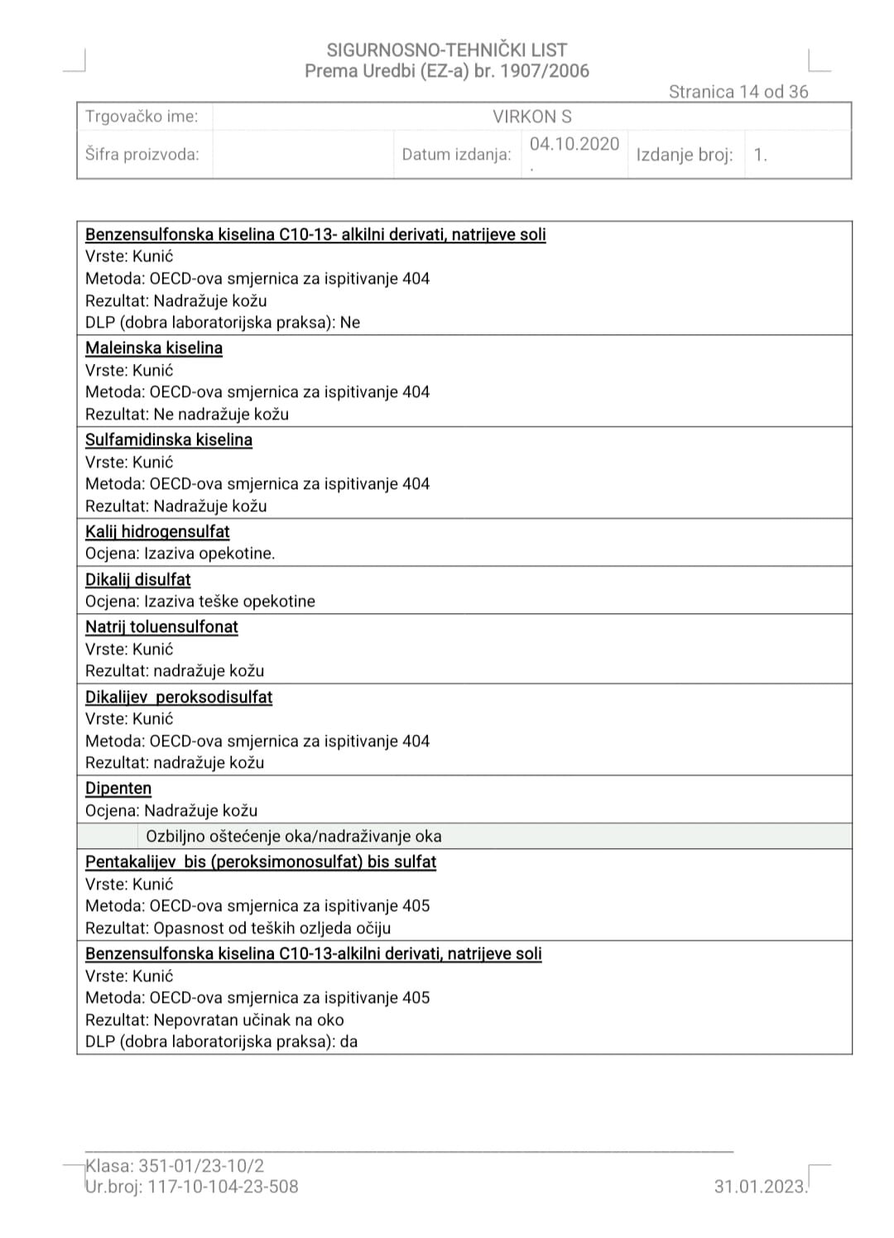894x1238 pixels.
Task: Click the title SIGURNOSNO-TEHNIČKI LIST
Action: (447, 50)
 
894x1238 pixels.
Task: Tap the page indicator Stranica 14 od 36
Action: (738, 92)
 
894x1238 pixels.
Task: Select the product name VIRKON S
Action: (531, 117)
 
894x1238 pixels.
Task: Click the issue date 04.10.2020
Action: (574, 144)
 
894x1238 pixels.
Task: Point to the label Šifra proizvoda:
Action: (142, 154)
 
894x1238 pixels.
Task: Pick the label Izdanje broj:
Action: (685, 155)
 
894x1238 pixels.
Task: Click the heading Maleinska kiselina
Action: (154, 348)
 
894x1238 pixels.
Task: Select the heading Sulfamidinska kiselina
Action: (169, 439)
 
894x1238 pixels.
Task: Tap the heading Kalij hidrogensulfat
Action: (157, 531)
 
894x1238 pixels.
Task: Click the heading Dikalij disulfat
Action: (138, 579)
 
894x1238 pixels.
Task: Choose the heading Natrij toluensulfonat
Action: (161, 626)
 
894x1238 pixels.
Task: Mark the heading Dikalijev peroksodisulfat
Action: (179, 697)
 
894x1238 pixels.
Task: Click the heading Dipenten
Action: (118, 788)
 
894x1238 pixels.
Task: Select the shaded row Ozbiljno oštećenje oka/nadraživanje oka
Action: (294, 836)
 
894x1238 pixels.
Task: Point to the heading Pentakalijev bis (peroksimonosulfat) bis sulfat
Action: (261, 861)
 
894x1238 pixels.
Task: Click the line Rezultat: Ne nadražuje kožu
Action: (187, 414)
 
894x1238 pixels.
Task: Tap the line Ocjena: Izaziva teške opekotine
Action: (200, 602)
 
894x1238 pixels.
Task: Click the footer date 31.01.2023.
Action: (760, 1187)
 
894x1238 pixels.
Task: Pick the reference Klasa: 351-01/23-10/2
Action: (175, 1166)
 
